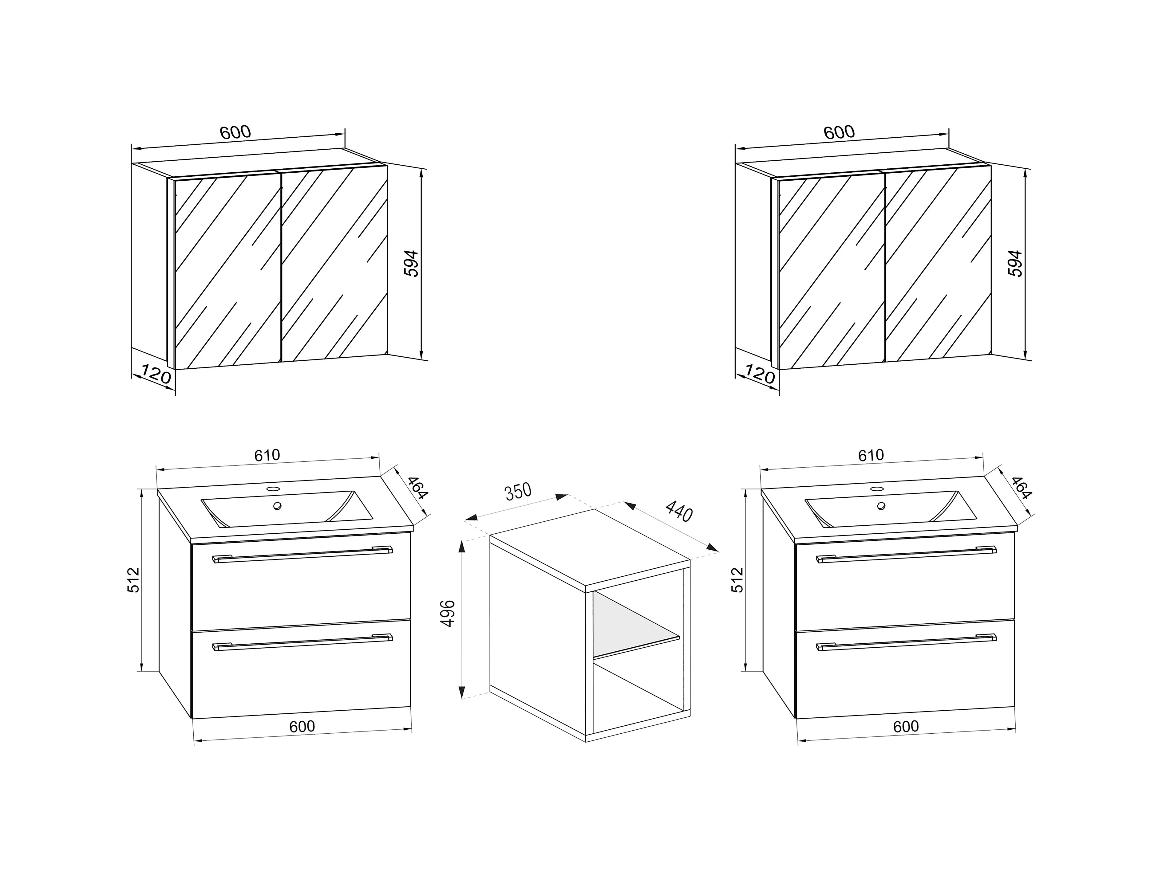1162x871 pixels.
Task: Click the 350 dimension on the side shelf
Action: click(518, 491)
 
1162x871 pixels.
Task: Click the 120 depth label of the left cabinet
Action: click(156, 375)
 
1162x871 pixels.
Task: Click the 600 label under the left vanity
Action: click(302, 726)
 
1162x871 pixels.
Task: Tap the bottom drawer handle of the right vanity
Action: click(906, 642)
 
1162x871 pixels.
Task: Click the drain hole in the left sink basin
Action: click(277, 506)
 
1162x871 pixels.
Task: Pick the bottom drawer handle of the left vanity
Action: click(302, 642)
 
